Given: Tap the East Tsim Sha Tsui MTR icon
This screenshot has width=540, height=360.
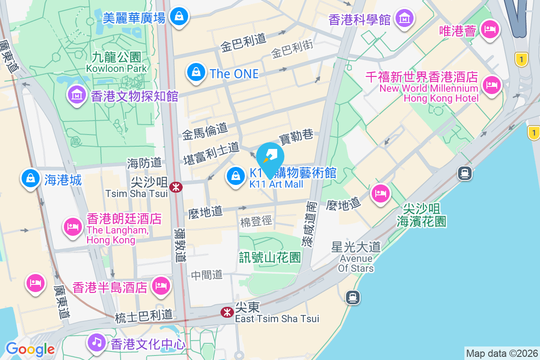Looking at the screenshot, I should pos(227,312).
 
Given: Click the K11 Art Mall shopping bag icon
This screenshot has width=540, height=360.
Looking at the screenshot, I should pos(235,175).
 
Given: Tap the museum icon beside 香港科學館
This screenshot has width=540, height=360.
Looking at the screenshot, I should pos(404,18).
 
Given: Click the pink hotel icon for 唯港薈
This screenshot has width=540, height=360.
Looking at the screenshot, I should pos(489,30).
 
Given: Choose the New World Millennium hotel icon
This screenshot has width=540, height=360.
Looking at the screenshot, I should pos(491,85).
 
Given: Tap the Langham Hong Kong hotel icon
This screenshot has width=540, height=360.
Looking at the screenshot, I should pos(72,226).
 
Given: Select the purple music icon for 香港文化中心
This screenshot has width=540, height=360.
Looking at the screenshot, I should pos(96,342).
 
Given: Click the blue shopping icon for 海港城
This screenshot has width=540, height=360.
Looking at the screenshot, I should pos(30,178).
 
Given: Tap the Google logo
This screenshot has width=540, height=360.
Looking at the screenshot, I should pos(30,349).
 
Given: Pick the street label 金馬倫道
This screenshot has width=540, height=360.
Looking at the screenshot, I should pos(205,131).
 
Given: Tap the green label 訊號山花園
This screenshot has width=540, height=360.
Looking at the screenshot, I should pos(270,257).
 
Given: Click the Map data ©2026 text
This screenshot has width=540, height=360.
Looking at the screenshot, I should pos(501,353).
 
